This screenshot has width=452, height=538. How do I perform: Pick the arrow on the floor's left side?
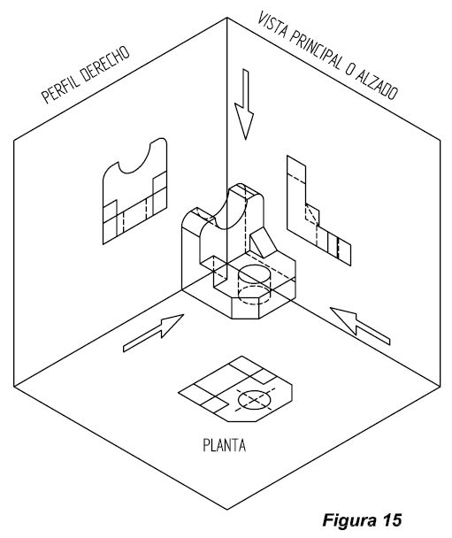tap(145, 335)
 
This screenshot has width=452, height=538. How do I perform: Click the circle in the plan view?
tap(255, 400)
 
